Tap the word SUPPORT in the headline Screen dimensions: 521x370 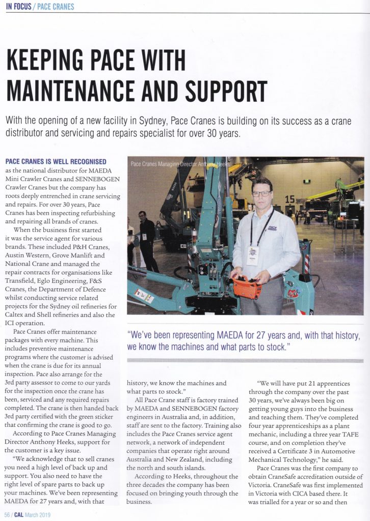click(x=226, y=92)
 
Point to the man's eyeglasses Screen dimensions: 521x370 click(x=261, y=193)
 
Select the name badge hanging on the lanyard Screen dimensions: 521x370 click(x=253, y=255)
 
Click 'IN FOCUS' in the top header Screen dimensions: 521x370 click(x=19, y=7)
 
